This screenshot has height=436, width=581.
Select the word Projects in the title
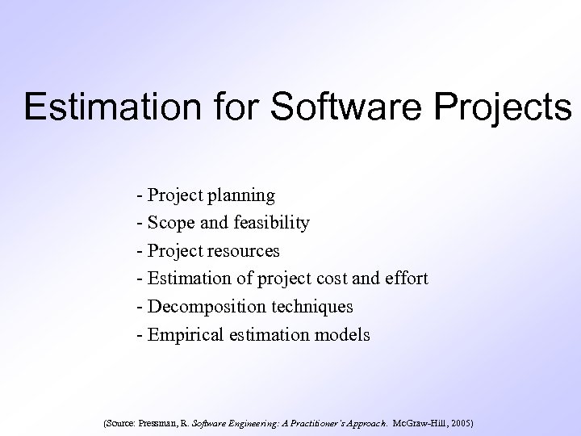pyautogui.click(x=502, y=107)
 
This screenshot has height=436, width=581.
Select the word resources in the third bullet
pyautogui.click(x=245, y=251)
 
